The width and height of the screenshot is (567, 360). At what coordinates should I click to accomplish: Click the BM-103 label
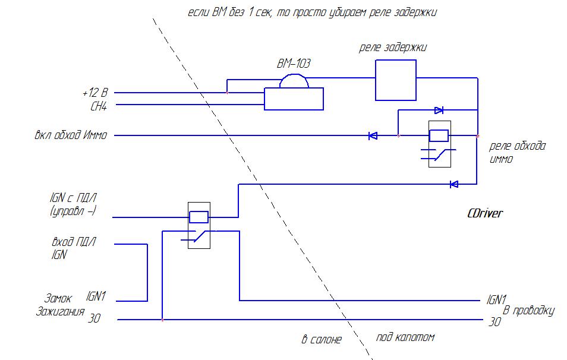point(294,63)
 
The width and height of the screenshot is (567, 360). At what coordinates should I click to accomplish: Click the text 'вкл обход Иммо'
point(71,135)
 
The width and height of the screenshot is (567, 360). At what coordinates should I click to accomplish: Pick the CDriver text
point(485,213)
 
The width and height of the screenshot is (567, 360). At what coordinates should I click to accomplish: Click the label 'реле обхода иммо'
point(517,153)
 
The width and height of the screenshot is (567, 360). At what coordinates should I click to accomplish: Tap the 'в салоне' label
point(322,340)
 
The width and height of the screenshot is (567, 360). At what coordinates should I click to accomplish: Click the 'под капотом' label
point(405,337)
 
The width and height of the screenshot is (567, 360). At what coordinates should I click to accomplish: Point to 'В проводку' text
point(528,311)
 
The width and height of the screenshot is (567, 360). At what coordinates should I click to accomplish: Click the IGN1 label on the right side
point(496,299)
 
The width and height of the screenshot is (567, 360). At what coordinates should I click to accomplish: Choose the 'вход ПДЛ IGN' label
point(73,248)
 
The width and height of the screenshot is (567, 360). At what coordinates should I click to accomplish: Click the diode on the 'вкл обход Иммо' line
point(373,136)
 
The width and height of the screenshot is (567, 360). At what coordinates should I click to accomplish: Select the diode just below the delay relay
point(439,110)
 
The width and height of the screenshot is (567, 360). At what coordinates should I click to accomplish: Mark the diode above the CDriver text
point(453,184)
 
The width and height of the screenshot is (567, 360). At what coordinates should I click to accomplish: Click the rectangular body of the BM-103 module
point(294,99)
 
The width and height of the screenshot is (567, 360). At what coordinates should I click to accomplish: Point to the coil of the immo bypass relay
point(439,135)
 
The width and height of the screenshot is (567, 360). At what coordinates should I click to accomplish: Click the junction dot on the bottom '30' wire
point(162,320)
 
